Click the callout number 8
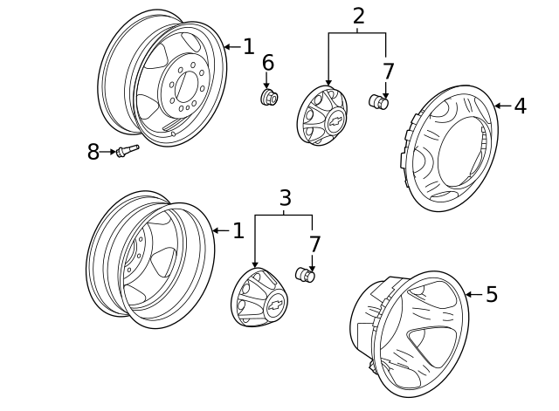pos(93,153)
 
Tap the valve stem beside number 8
pos(128,151)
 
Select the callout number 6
pos(267,63)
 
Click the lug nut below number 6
pos(269,96)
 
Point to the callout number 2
pos(358,16)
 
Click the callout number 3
pos(285,198)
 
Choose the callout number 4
pos(520,106)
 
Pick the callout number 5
pos(492,295)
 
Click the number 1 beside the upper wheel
pos(248,47)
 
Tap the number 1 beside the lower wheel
pos(238,231)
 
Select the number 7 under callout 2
pos(388,72)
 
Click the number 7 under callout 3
pos(314,245)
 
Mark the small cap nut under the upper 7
pos(381,102)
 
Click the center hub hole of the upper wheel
pos(187,86)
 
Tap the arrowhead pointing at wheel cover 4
pos(498,106)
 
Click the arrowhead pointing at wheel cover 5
pos(467,295)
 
